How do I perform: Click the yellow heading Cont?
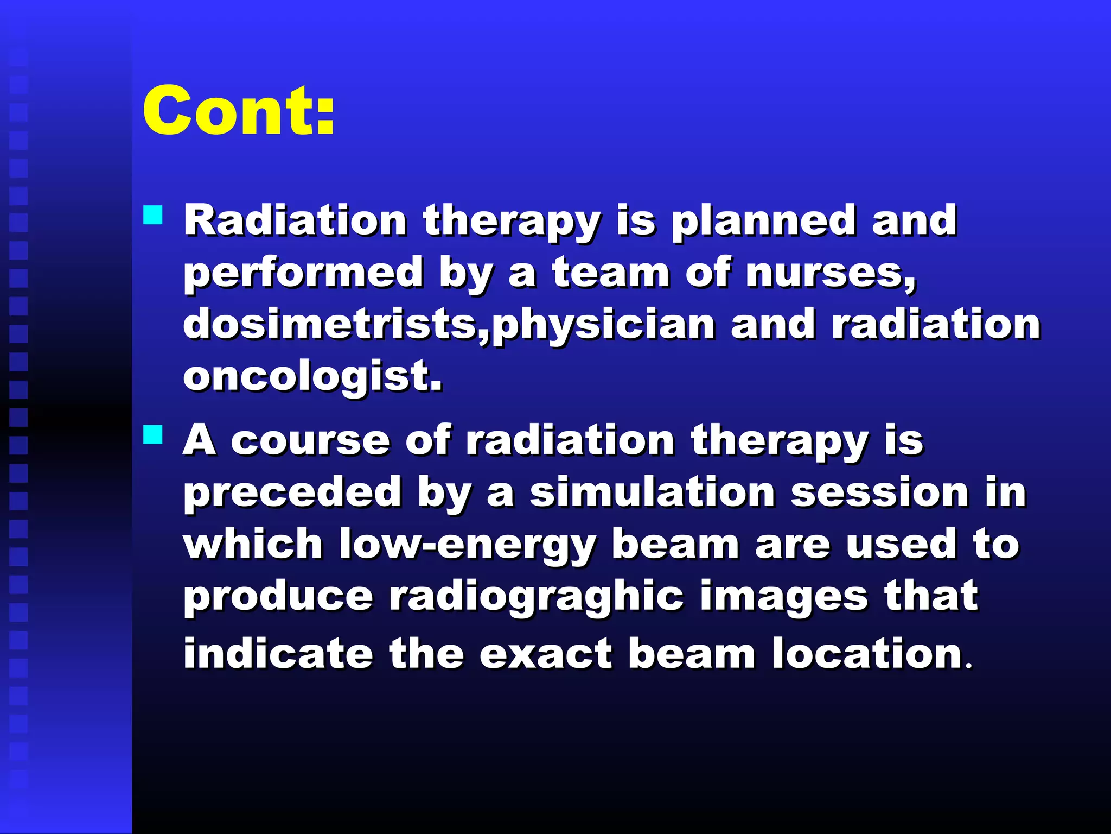tap(239, 111)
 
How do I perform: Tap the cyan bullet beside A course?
tap(153, 434)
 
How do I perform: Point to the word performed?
tap(303, 273)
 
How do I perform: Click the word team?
tap(611, 272)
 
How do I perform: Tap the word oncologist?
tap(312, 376)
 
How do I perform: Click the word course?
tap(310, 440)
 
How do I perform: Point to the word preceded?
tap(292, 492)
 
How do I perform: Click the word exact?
tap(546, 653)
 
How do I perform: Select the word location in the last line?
tap(868, 653)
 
